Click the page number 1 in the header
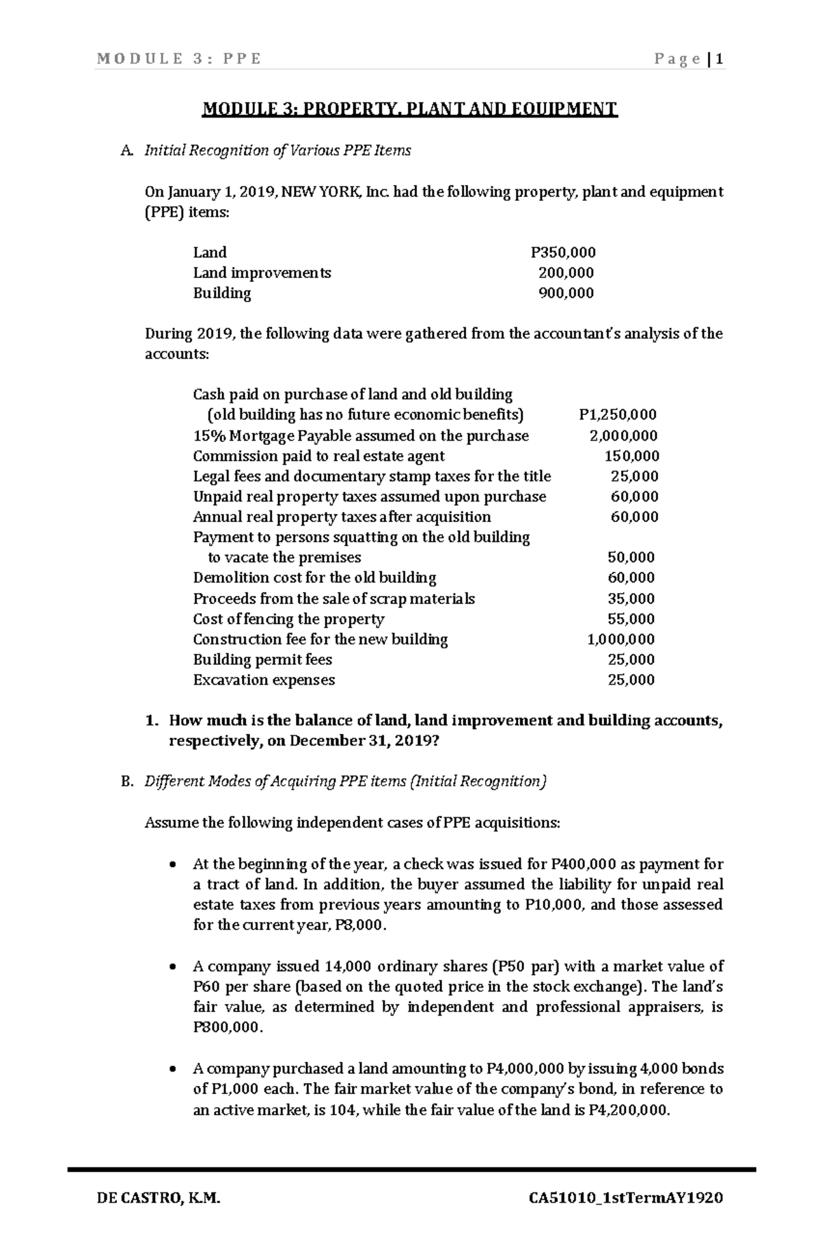pyautogui.click(x=720, y=59)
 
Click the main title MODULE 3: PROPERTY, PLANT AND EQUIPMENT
pyautogui.click(x=409, y=109)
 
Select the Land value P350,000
pyautogui.click(x=563, y=252)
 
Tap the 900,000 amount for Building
pyautogui.click(x=566, y=293)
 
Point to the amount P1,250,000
pyautogui.click(x=617, y=415)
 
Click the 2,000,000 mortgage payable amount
pyautogui.click(x=623, y=435)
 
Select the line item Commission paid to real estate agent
pyautogui.click(x=318, y=456)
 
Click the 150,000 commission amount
pyautogui.click(x=632, y=456)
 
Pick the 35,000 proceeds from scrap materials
pyautogui.click(x=631, y=599)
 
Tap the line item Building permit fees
pyautogui.click(x=262, y=659)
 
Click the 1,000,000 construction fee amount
pyautogui.click(x=620, y=639)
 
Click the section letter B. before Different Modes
pyautogui.click(x=126, y=781)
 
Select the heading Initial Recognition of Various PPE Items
pyautogui.click(x=277, y=150)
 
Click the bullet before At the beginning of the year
pyautogui.click(x=173, y=864)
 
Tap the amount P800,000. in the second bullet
pyautogui.click(x=228, y=1027)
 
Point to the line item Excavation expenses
pyautogui.click(x=264, y=680)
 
